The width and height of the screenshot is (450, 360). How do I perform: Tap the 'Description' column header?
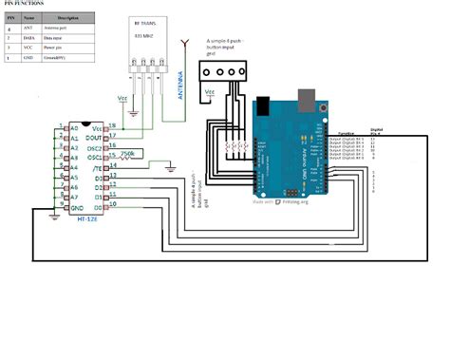tap(68, 18)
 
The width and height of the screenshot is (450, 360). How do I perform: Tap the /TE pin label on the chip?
tap(102, 167)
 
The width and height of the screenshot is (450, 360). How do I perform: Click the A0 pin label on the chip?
tap(74, 126)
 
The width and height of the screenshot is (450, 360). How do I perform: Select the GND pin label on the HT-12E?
tap(76, 206)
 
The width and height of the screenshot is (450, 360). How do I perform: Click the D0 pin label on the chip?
tap(101, 206)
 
